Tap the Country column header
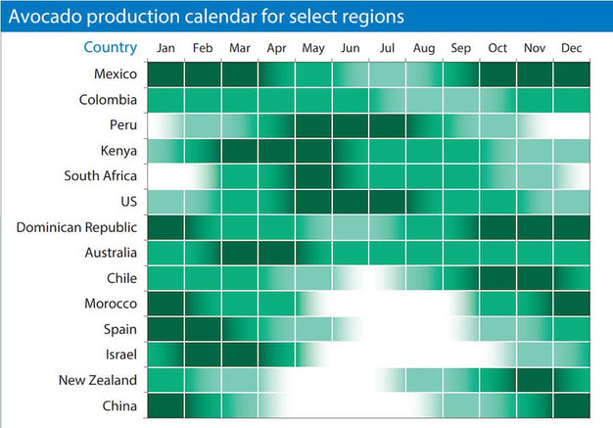click(111, 48)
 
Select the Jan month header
click(165, 48)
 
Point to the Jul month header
click(388, 48)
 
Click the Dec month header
click(572, 48)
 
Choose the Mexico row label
click(116, 74)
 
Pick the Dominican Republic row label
click(76, 227)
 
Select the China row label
click(119, 405)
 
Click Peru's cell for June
click(351, 125)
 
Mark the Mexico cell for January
click(165, 74)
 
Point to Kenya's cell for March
click(240, 151)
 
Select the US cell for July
click(388, 202)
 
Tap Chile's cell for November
click(535, 278)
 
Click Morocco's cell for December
click(572, 304)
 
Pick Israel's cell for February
click(203, 355)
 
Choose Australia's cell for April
click(277, 253)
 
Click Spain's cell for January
click(165, 329)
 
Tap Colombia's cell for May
click(313, 100)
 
